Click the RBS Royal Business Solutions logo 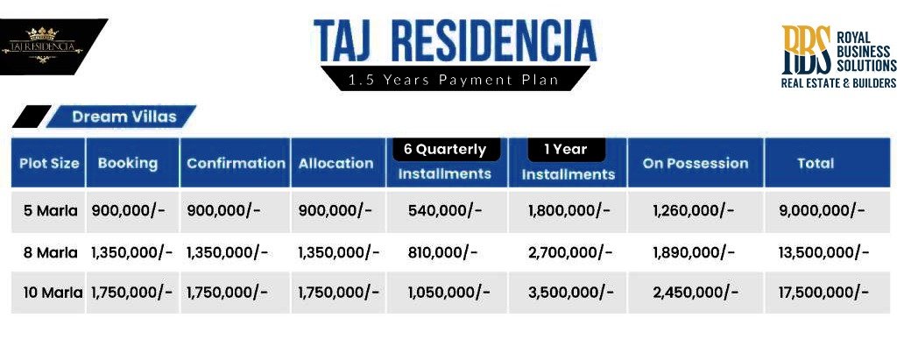point(838,57)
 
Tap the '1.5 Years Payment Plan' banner point(453,80)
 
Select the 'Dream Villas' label point(124,116)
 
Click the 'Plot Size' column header point(49,163)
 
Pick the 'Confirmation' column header point(236,163)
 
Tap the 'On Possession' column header point(695,163)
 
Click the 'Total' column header point(815,163)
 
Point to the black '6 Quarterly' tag point(445,149)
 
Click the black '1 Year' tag point(565,149)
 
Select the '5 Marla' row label point(50,210)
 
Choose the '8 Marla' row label point(50,252)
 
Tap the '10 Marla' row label point(51,293)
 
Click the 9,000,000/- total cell point(822,210)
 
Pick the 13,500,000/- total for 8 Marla point(823,252)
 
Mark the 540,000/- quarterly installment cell point(445,210)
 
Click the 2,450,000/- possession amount point(696,293)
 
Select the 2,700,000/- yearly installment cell point(569,252)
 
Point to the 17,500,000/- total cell point(823,293)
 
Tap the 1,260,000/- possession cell point(694,210)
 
